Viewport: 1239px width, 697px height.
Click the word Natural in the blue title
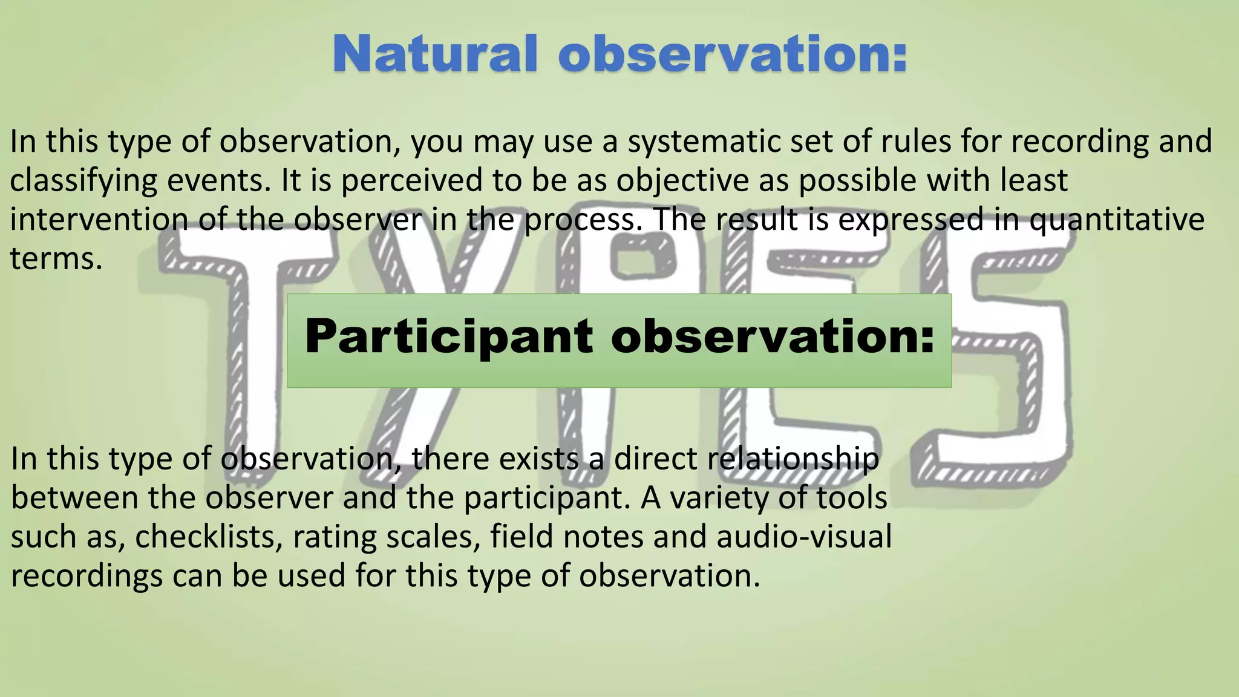pyautogui.click(x=434, y=54)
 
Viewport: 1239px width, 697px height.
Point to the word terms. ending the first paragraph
pyautogui.click(x=56, y=259)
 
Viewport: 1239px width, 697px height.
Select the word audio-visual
pyautogui.click(x=804, y=537)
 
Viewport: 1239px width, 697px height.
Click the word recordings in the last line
pyautogui.click(x=87, y=576)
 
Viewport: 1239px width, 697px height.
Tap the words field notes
pyautogui.click(x=566, y=537)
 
